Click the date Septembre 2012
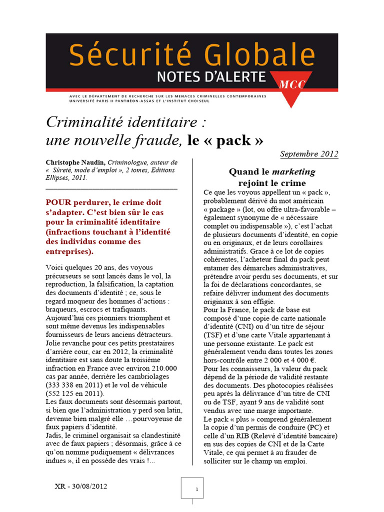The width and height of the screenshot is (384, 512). click(309, 153)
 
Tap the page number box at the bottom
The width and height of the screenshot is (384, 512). click(192, 489)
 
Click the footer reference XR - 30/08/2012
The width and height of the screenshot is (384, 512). click(80, 485)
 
